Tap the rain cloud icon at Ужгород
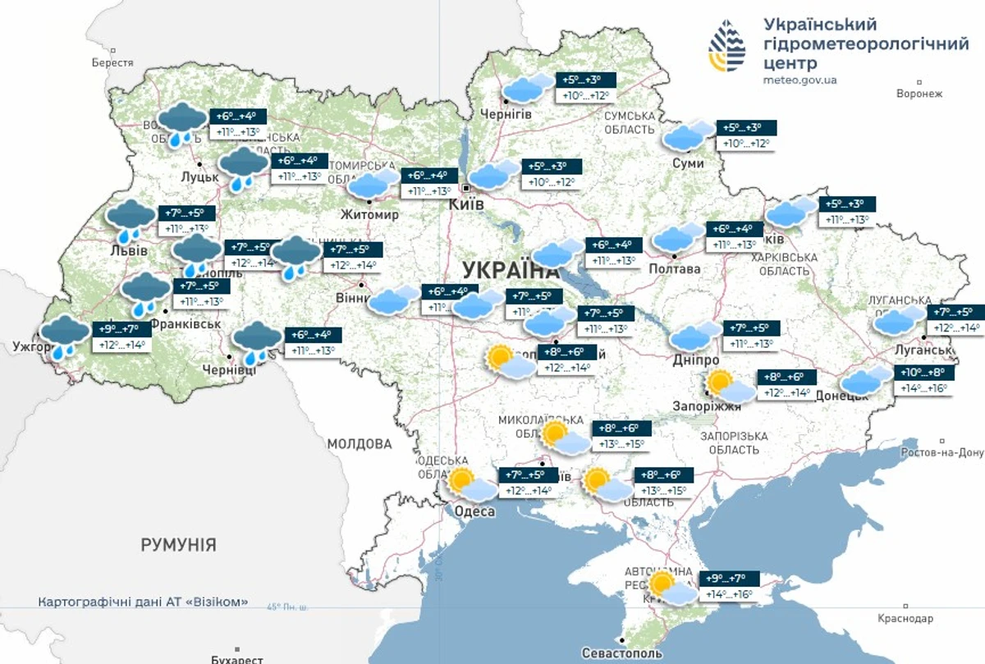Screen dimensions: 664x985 point(65,337)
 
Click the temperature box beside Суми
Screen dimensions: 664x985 point(747,136)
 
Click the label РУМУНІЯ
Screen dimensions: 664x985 point(178,544)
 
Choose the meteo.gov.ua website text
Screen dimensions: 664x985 point(799,80)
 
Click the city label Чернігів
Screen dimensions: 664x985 point(506,114)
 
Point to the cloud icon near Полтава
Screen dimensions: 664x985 point(678,239)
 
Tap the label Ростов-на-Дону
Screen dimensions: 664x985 point(941,452)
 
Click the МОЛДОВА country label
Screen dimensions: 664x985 point(360,444)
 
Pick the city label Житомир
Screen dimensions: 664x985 point(370,215)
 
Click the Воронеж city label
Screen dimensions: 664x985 point(920,94)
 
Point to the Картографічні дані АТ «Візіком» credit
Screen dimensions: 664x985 point(143,602)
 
